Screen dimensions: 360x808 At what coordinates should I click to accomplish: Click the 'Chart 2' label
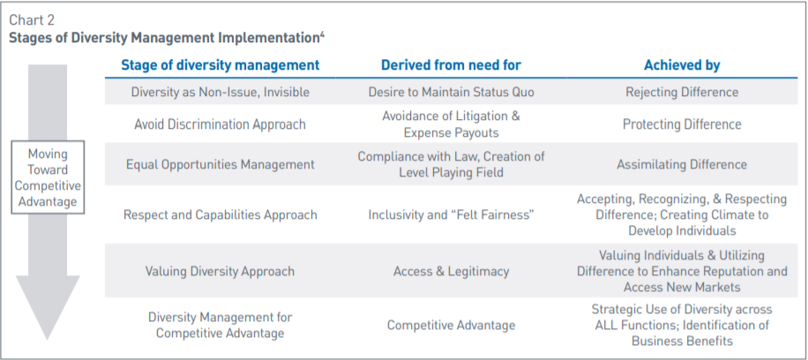[33, 19]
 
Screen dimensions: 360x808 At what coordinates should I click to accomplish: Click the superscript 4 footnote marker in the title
[324, 34]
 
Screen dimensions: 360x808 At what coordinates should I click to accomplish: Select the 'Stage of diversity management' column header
[220, 65]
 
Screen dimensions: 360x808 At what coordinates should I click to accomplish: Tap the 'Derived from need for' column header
[451, 65]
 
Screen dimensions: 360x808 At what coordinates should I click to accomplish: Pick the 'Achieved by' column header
[682, 65]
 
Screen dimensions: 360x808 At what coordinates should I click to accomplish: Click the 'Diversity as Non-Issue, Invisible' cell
[220, 92]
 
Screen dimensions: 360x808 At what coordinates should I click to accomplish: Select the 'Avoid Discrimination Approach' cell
[220, 124]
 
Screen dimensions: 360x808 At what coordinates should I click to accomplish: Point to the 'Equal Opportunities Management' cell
[220, 164]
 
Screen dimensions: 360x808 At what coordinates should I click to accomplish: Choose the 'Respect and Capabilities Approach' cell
[220, 214]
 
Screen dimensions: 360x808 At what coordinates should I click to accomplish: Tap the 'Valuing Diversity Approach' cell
[220, 272]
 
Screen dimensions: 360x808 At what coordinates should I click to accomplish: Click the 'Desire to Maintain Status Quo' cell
[451, 92]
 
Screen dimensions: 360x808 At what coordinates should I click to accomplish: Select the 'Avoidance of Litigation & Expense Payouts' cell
[451, 124]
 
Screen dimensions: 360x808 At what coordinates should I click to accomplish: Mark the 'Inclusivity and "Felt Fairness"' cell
[451, 214]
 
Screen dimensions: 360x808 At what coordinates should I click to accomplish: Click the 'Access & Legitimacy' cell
[451, 272]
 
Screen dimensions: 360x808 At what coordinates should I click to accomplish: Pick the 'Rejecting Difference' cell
[682, 92]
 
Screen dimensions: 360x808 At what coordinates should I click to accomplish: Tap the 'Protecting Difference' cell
[682, 124]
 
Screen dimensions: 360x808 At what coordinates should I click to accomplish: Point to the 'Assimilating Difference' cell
[682, 164]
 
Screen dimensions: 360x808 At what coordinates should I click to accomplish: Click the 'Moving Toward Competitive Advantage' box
[48, 177]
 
